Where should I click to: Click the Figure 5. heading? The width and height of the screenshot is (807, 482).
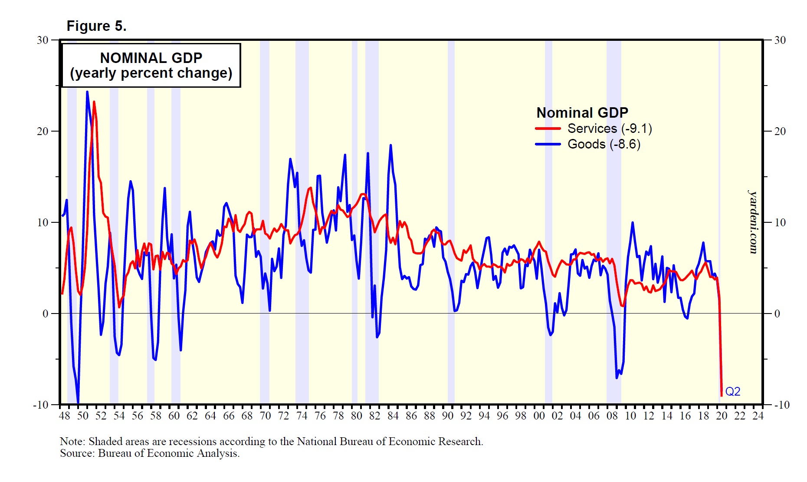point(96,26)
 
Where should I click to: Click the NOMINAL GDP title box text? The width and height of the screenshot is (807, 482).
point(151,65)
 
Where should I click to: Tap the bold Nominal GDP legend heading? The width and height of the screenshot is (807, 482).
point(582,113)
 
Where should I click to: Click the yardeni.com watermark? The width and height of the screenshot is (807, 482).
point(754,221)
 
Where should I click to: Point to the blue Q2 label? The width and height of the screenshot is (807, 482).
point(733,392)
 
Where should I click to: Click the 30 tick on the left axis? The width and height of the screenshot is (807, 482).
point(43,40)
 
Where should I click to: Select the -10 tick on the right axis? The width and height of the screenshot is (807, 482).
point(781,405)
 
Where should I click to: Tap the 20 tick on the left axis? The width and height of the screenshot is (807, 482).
point(43,131)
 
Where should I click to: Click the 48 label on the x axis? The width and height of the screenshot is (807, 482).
point(64,416)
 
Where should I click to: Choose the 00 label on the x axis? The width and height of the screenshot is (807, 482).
point(539,416)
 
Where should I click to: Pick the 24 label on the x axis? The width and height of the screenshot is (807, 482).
point(758,416)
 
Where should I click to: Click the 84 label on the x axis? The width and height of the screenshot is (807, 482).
point(393,416)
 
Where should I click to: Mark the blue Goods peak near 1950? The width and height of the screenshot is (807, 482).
point(87,92)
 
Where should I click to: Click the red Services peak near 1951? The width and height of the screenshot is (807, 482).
point(94,102)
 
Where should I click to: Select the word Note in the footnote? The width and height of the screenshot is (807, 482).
point(72,442)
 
